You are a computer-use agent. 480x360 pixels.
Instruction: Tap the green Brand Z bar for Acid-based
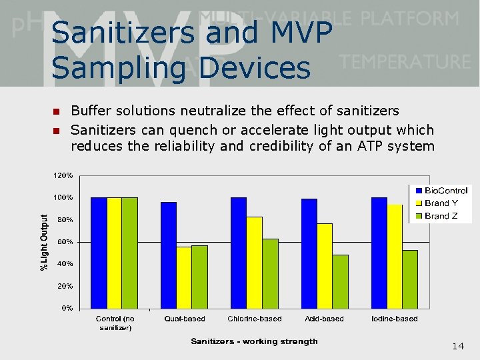pos(340,281)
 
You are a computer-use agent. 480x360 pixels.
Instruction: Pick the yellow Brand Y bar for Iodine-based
pos(395,256)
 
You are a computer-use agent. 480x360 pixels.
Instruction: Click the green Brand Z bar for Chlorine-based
pos(270,273)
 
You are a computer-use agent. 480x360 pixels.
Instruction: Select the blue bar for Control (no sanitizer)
pos(98,253)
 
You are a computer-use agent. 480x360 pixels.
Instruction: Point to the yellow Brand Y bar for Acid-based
pos(325,265)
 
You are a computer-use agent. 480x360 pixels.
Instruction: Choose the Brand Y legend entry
pos(440,203)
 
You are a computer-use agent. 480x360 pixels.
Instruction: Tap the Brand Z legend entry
pos(440,215)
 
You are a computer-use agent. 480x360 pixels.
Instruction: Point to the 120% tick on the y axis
pos(63,175)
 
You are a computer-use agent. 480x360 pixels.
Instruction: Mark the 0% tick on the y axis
pos(67,308)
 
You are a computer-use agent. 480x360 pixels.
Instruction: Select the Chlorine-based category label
pos(255,319)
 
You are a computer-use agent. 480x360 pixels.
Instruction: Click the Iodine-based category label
pos(395,319)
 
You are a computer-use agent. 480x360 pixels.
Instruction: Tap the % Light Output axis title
pos(45,242)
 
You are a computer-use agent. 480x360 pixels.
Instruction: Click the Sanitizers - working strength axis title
pos(254,341)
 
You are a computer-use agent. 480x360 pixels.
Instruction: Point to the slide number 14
pos(458,346)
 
